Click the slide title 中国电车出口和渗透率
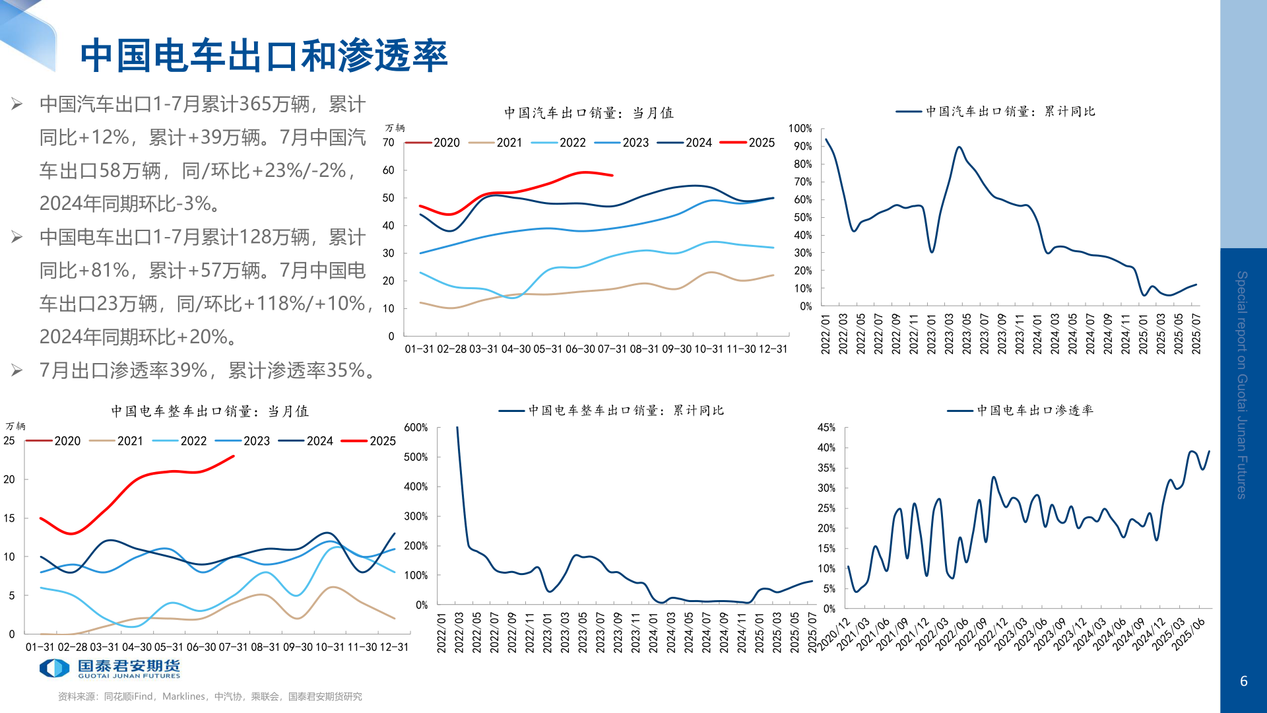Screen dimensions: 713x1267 [264, 55]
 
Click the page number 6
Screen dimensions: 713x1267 [1243, 681]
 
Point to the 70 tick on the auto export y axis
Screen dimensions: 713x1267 [388, 143]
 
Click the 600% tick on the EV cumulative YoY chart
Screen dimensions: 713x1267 [416, 428]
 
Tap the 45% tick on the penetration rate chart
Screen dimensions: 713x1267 [826, 428]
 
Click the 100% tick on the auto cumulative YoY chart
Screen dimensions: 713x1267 [800, 128]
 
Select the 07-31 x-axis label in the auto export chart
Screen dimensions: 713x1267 [612, 349]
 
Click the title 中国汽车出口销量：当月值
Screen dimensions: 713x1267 [589, 113]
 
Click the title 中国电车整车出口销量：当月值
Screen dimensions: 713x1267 [210, 411]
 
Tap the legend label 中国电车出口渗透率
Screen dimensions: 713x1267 [1035, 411]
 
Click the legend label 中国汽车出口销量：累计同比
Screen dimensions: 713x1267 [1010, 112]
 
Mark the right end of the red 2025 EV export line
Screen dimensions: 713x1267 [234, 456]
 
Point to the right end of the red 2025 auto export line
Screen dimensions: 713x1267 [612, 176]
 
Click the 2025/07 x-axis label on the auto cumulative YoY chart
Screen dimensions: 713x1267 [1196, 334]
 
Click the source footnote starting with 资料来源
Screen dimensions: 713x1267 [210, 696]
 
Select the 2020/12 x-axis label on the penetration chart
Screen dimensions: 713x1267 [835, 634]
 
